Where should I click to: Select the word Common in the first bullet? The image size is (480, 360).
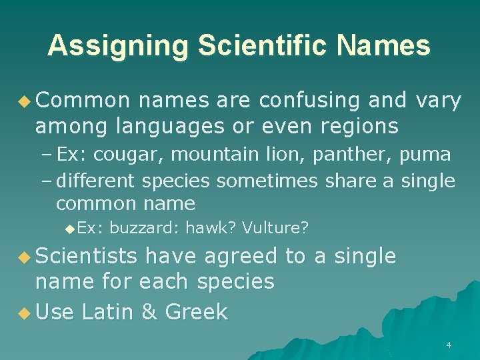(x=83, y=101)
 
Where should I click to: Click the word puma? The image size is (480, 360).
(x=425, y=155)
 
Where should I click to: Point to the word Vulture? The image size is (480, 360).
(x=275, y=228)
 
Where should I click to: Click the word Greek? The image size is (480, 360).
(x=196, y=311)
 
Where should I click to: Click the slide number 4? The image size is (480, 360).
(x=448, y=345)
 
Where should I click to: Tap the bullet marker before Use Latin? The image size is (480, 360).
(x=25, y=312)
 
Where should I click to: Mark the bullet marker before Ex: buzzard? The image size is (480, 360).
(x=71, y=229)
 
